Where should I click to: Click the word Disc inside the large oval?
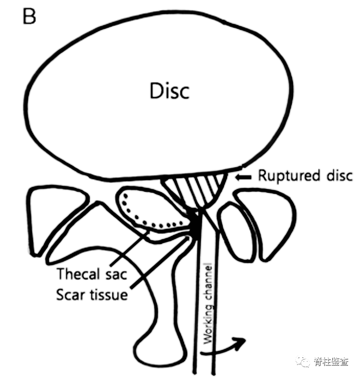point(169,90)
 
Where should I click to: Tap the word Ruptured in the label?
point(285,176)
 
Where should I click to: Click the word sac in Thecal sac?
point(117,273)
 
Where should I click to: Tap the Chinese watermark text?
point(332,361)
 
